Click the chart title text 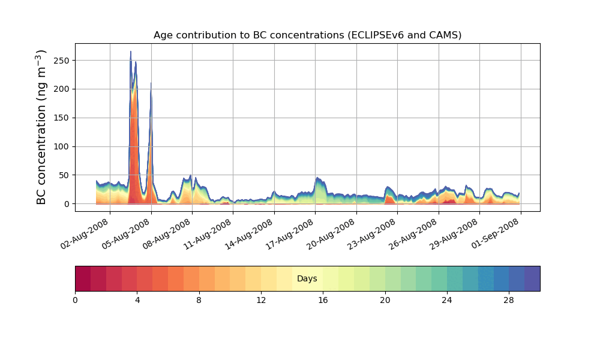307,35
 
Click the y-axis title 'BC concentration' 41,127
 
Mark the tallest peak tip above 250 131,52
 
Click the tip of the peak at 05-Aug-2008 151,83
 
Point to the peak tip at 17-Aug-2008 317,178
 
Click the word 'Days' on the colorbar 307,279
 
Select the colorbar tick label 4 137,299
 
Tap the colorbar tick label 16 323,299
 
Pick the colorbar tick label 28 509,299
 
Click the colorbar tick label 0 75,299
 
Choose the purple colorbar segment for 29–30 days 532,278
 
